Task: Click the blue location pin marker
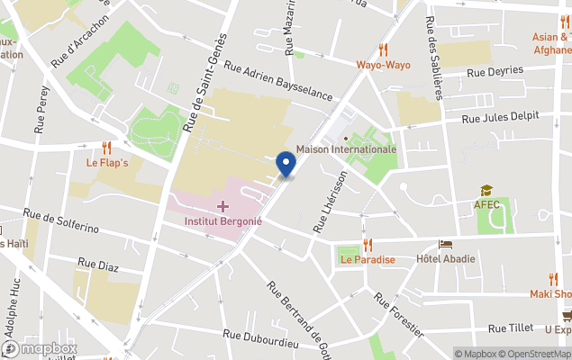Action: (x=286, y=164)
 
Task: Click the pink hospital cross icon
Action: (x=222, y=207)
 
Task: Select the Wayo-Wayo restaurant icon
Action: (x=383, y=49)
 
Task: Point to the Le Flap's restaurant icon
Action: (x=107, y=148)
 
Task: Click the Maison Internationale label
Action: (x=346, y=149)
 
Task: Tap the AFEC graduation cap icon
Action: (x=486, y=191)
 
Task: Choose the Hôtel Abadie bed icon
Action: (x=445, y=245)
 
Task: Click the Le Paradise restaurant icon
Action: (x=368, y=245)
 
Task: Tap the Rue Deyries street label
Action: (x=494, y=71)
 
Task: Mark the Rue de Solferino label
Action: (x=61, y=221)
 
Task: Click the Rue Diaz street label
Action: (x=99, y=265)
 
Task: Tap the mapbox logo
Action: (x=40, y=348)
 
